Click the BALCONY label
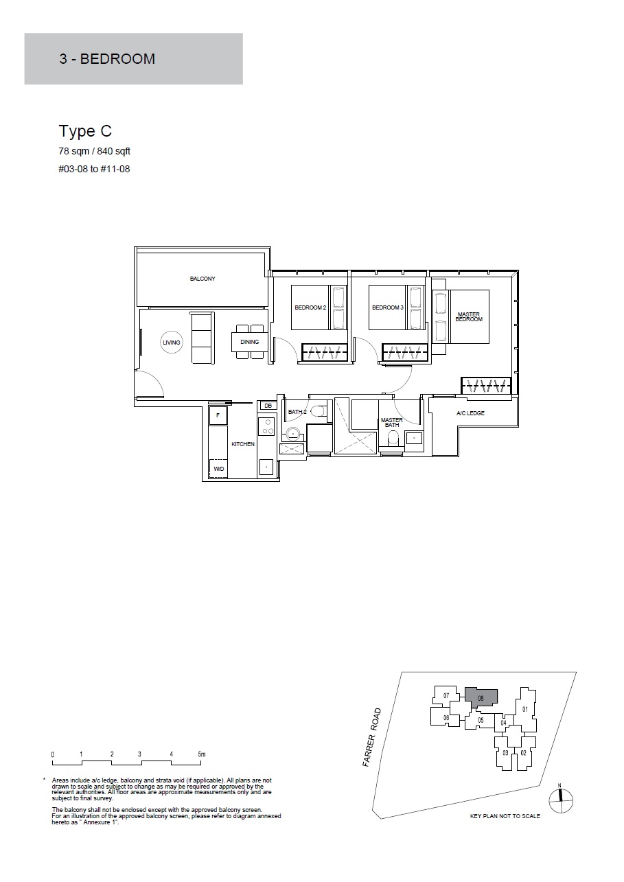click(x=203, y=279)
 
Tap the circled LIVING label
click(x=171, y=343)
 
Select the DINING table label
click(x=250, y=342)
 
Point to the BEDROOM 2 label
click(x=310, y=307)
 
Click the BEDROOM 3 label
click(x=388, y=307)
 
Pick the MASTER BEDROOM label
click(x=469, y=316)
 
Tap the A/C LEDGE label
click(x=470, y=413)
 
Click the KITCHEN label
click(x=243, y=444)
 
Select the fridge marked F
click(x=218, y=415)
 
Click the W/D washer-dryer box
click(x=218, y=469)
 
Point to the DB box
click(x=268, y=406)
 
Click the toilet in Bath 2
click(x=319, y=411)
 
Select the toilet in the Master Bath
click(x=393, y=438)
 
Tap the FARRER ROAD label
click(x=372, y=737)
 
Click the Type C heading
click(x=85, y=132)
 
